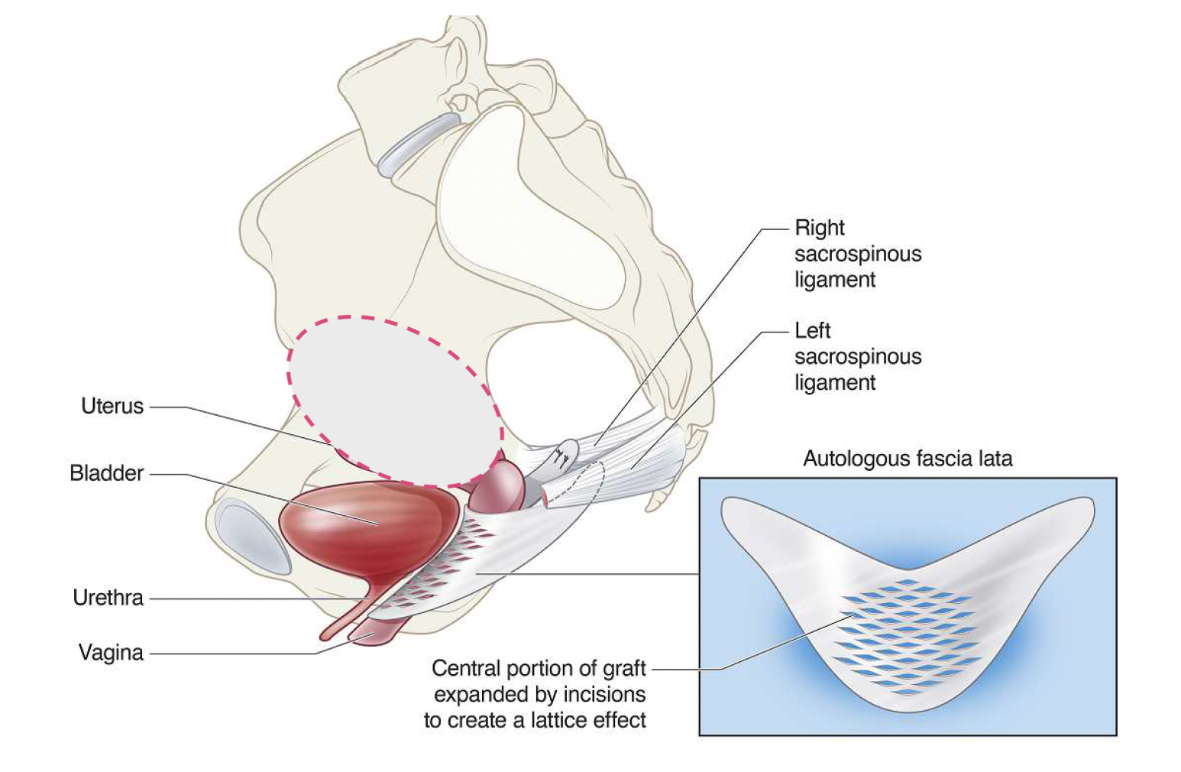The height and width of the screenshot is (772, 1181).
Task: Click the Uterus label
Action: click(x=112, y=406)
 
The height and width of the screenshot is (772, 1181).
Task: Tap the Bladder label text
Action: click(x=106, y=473)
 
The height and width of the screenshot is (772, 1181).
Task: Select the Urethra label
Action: click(x=108, y=598)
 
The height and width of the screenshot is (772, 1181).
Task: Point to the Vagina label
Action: click(x=111, y=653)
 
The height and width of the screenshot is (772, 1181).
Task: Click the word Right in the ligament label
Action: click(x=819, y=228)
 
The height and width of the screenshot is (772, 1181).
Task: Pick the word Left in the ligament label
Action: click(x=812, y=331)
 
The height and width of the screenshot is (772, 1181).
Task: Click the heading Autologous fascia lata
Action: click(x=908, y=459)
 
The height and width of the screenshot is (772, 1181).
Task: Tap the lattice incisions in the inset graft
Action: click(x=909, y=634)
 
